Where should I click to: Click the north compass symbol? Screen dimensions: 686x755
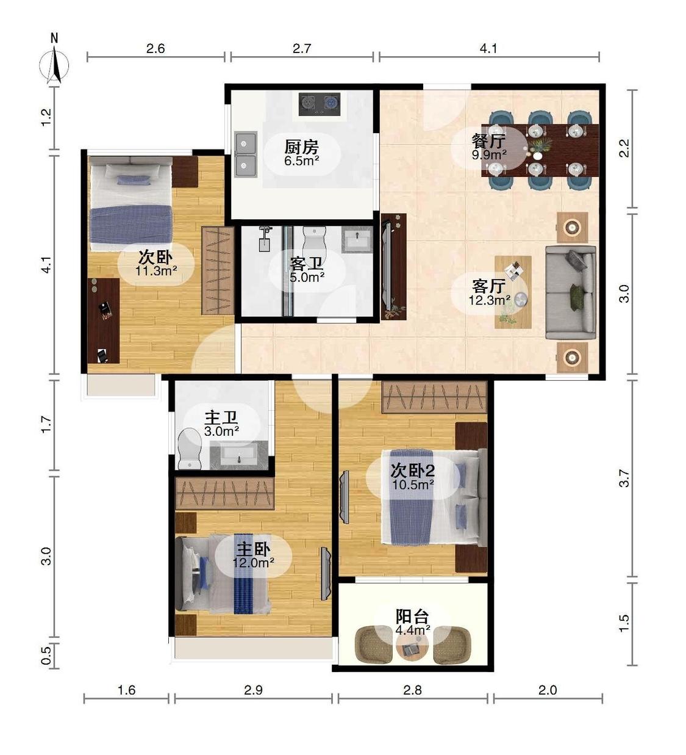pyautogui.click(x=55, y=65)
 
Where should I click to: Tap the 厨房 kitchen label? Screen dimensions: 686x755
pyautogui.click(x=302, y=146)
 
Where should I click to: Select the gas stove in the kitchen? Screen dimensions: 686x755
pyautogui.click(x=320, y=104)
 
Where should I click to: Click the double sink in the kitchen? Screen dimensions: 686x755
pyautogui.click(x=246, y=154)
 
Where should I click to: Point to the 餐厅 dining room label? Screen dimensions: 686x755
pyautogui.click(x=489, y=141)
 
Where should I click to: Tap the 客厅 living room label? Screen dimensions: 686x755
pyautogui.click(x=489, y=286)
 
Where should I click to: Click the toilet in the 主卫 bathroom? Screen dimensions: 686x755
pyautogui.click(x=190, y=449)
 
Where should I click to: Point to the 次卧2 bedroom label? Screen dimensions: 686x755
pyautogui.click(x=413, y=471)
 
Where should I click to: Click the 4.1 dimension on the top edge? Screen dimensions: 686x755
pyautogui.click(x=488, y=49)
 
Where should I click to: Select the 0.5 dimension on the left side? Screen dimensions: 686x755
pyautogui.click(x=46, y=656)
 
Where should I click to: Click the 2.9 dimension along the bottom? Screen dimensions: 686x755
pyautogui.click(x=253, y=690)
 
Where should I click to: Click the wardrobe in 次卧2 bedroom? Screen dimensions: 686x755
pyautogui.click(x=434, y=397)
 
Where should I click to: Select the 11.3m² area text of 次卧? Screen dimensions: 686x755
pyautogui.click(x=156, y=270)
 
